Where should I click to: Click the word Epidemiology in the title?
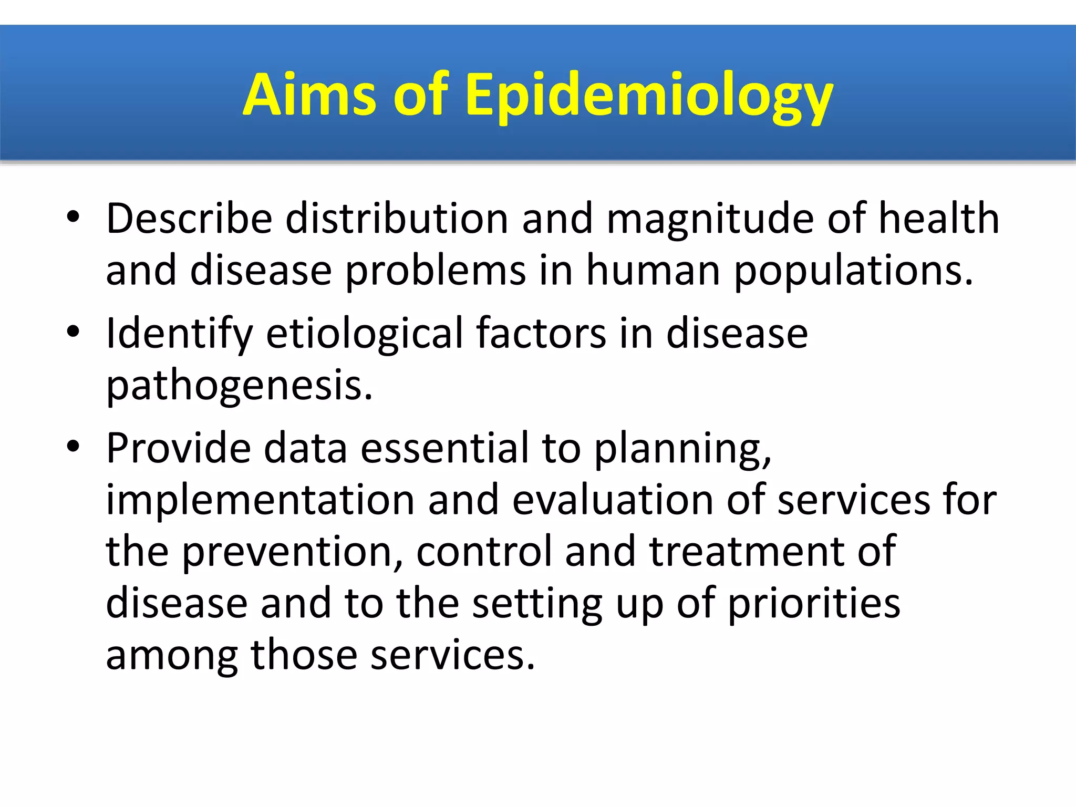[x=649, y=96]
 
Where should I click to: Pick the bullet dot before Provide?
[x=73, y=446]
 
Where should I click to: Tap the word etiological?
[x=365, y=334]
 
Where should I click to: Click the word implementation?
[x=261, y=500]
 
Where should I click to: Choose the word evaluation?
[x=613, y=500]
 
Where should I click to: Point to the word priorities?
[x=814, y=604]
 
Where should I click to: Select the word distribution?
[x=396, y=219]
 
